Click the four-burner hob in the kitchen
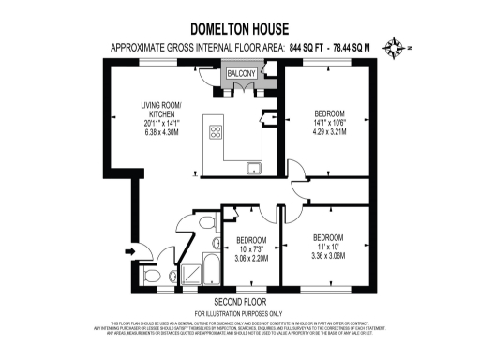coord(216,132)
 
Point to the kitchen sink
coord(254,168)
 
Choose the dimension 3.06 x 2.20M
coord(252,257)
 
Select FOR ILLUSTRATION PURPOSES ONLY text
coord(240,312)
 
